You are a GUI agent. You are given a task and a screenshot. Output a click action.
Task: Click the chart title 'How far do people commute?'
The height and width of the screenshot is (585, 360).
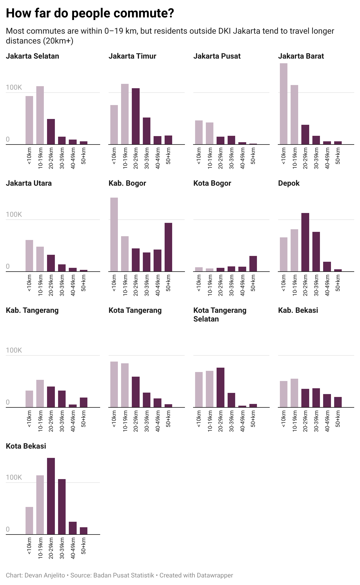coord(90,13)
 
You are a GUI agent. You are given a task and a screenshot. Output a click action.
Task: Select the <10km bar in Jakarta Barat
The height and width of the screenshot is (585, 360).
coord(283,104)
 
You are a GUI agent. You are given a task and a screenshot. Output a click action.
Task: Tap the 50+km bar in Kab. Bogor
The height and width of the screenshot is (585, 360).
coord(168,247)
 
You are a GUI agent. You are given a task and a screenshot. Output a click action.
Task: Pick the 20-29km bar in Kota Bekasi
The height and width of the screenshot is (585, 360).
coord(51,496)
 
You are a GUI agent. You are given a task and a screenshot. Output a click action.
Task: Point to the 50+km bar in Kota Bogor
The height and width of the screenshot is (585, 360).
coord(253,263)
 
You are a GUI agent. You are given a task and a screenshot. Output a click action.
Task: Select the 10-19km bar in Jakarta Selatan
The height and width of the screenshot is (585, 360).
coord(40,115)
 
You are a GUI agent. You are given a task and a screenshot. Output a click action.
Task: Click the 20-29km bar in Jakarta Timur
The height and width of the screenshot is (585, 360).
coord(136,116)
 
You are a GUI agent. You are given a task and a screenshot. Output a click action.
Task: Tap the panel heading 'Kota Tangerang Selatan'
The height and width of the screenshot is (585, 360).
coord(219,315)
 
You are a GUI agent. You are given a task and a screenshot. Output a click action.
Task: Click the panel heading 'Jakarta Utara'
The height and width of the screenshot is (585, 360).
coord(29,183)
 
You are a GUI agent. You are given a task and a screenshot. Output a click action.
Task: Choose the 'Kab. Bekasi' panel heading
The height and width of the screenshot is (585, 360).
coord(298,310)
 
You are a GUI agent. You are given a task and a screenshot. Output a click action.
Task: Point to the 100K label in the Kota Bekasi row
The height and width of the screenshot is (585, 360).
coord(14,477)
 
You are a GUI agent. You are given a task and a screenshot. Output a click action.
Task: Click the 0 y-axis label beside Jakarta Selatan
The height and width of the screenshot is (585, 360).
coord(8,139)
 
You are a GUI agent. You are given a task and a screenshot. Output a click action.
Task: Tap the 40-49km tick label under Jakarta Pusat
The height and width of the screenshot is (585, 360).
coord(242,158)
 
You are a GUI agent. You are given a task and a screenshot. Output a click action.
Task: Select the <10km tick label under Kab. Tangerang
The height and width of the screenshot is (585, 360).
coord(29,419)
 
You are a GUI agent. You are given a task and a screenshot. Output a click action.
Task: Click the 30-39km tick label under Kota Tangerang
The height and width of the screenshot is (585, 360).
coord(147,421)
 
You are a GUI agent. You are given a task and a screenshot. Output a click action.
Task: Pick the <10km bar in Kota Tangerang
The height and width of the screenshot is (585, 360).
coord(114,384)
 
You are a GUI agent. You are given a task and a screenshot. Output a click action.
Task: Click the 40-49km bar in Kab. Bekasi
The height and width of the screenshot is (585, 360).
coord(327,400)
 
